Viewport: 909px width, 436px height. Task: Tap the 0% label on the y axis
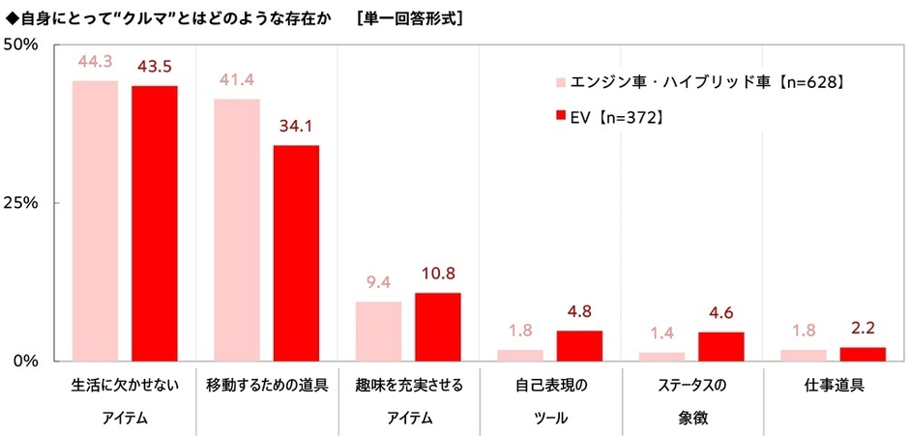[24, 361]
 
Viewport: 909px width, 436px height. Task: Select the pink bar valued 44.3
[96, 220]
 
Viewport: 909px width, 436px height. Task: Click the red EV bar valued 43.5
[154, 222]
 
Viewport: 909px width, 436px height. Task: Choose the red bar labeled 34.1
[295, 252]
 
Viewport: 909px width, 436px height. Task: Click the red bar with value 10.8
[437, 327]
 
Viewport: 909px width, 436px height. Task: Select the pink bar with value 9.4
[379, 331]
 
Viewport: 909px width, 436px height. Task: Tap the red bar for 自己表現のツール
[579, 345]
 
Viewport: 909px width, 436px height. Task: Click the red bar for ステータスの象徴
[720, 346]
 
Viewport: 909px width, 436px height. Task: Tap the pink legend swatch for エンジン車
[559, 83]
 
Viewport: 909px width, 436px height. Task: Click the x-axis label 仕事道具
[834, 385]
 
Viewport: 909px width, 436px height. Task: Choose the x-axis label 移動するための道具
[267, 385]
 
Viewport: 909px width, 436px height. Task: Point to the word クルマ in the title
[139, 15]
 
